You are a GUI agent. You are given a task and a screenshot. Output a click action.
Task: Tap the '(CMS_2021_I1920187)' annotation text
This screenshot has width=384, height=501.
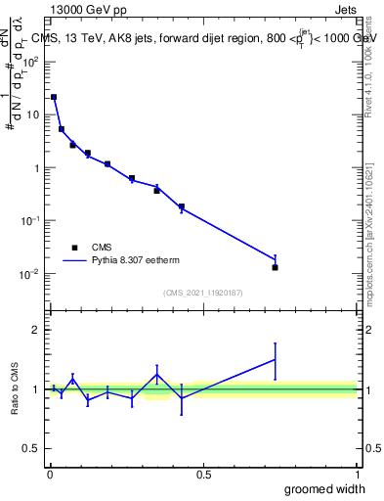coord(202,293)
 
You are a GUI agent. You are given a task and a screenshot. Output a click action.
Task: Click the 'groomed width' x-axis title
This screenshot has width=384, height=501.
coord(324,488)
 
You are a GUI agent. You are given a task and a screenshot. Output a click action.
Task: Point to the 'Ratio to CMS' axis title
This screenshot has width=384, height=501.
coord(16,388)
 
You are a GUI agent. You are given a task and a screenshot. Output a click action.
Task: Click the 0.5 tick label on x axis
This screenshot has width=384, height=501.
coord(202,475)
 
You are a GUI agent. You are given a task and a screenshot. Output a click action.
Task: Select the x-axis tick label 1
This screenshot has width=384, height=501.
coord(356,475)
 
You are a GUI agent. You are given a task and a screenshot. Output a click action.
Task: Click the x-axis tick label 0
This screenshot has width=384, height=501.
coord(49,475)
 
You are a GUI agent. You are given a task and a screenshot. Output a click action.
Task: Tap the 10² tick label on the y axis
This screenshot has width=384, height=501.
coord(31,61)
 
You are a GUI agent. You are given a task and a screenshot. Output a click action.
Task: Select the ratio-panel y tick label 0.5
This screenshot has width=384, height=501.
coord(31,448)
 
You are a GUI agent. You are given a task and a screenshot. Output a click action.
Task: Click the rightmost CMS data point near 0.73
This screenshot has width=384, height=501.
coord(275,267)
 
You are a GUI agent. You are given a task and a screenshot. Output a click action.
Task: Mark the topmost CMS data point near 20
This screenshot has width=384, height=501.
coord(54,97)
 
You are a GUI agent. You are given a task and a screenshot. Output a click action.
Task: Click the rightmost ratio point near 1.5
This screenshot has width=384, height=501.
coord(275,360)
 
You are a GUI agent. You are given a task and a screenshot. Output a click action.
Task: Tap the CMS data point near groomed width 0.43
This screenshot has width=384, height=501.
coord(182,206)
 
